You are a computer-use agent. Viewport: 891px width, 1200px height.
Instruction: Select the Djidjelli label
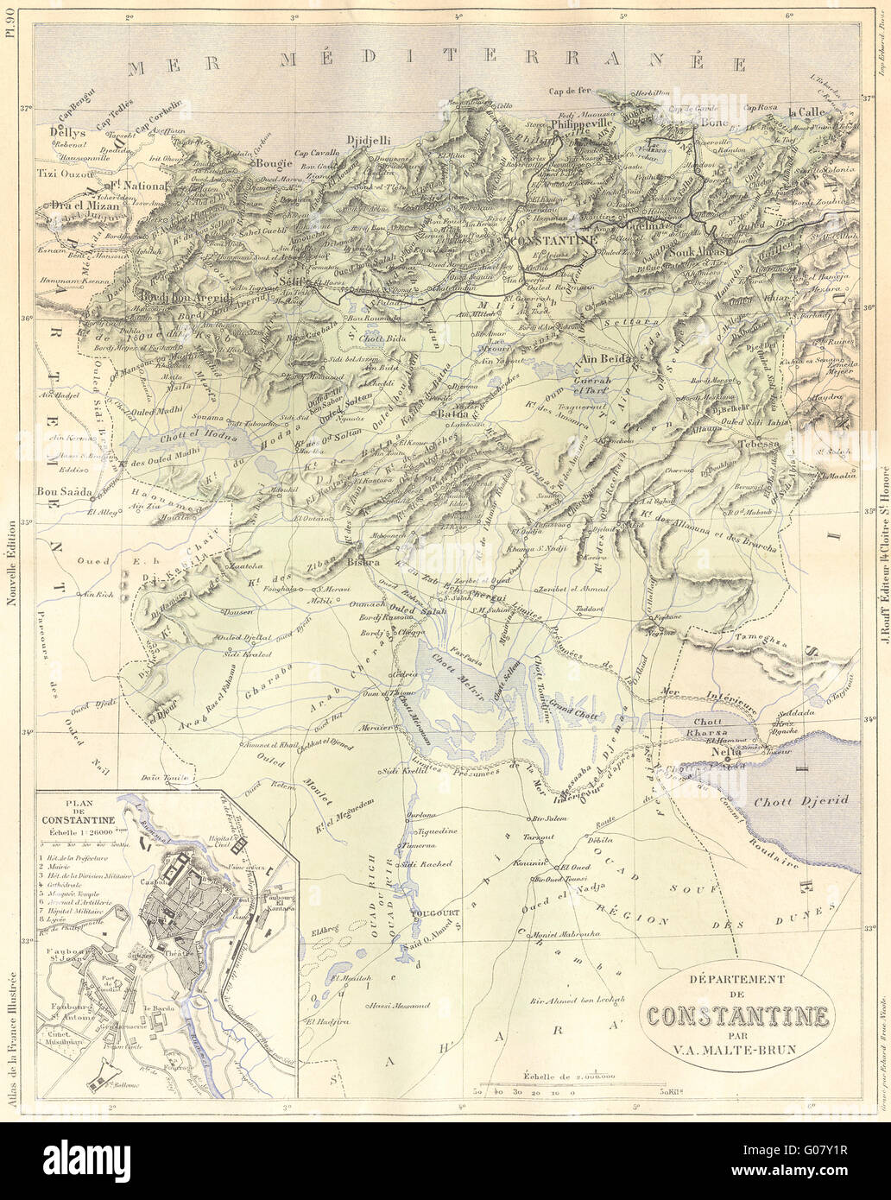click(x=368, y=140)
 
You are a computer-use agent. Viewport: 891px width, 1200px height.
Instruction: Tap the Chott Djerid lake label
click(x=789, y=800)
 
